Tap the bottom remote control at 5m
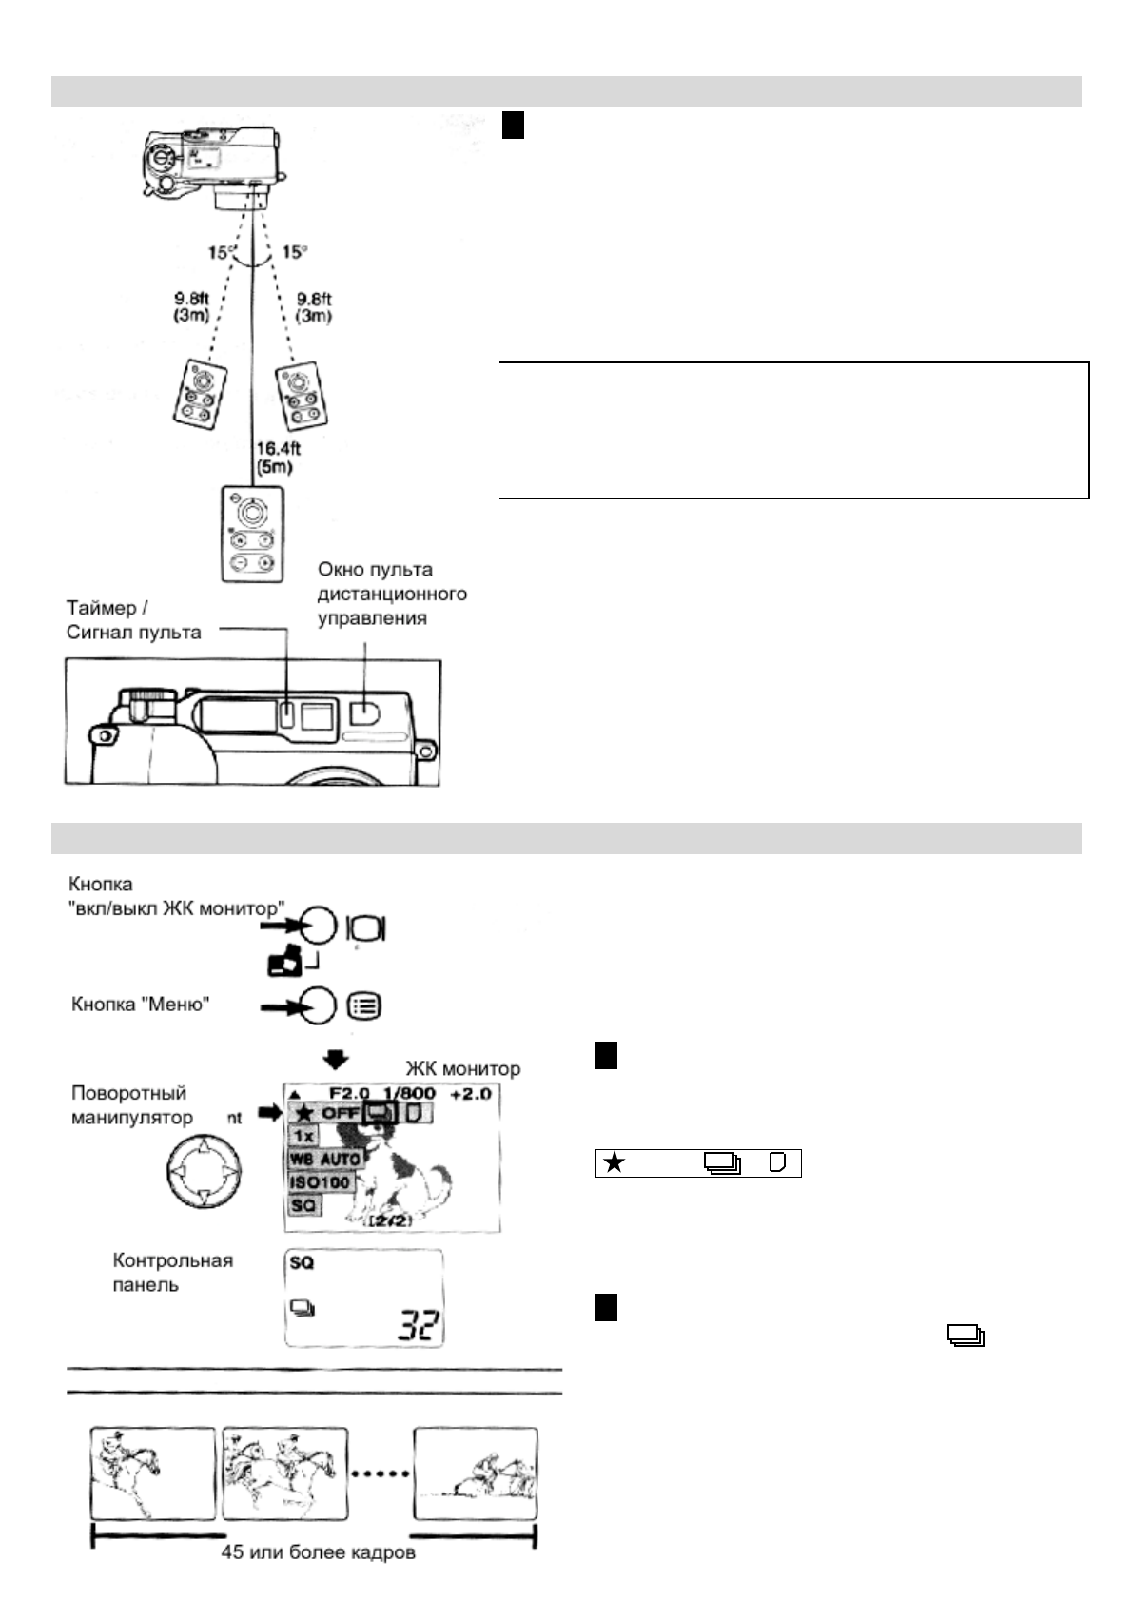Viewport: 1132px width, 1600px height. pyautogui.click(x=251, y=534)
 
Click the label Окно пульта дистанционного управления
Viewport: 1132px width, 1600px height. pyautogui.click(x=392, y=594)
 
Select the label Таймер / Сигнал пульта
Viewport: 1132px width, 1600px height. pyautogui.click(x=133, y=619)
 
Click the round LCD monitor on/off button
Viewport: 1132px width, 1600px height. pyautogui.click(x=319, y=926)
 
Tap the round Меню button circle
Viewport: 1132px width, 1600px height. pyautogui.click(x=319, y=1005)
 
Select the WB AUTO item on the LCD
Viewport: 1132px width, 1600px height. pyautogui.click(x=325, y=1160)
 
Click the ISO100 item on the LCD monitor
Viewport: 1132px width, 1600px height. pyautogui.click(x=321, y=1183)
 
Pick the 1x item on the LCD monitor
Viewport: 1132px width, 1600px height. pyautogui.click(x=303, y=1137)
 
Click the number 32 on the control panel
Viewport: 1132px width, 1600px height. pyautogui.click(x=420, y=1324)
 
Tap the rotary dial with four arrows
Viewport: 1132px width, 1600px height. pyautogui.click(x=202, y=1169)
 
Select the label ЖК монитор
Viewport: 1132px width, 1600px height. pyautogui.click(x=463, y=1068)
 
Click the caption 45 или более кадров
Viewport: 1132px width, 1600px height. pyautogui.click(x=318, y=1552)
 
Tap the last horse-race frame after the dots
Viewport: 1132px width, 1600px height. pyautogui.click(x=476, y=1473)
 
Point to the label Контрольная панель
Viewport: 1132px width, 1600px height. pyautogui.click(x=172, y=1272)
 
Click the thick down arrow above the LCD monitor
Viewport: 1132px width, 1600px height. pyautogui.click(x=336, y=1059)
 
